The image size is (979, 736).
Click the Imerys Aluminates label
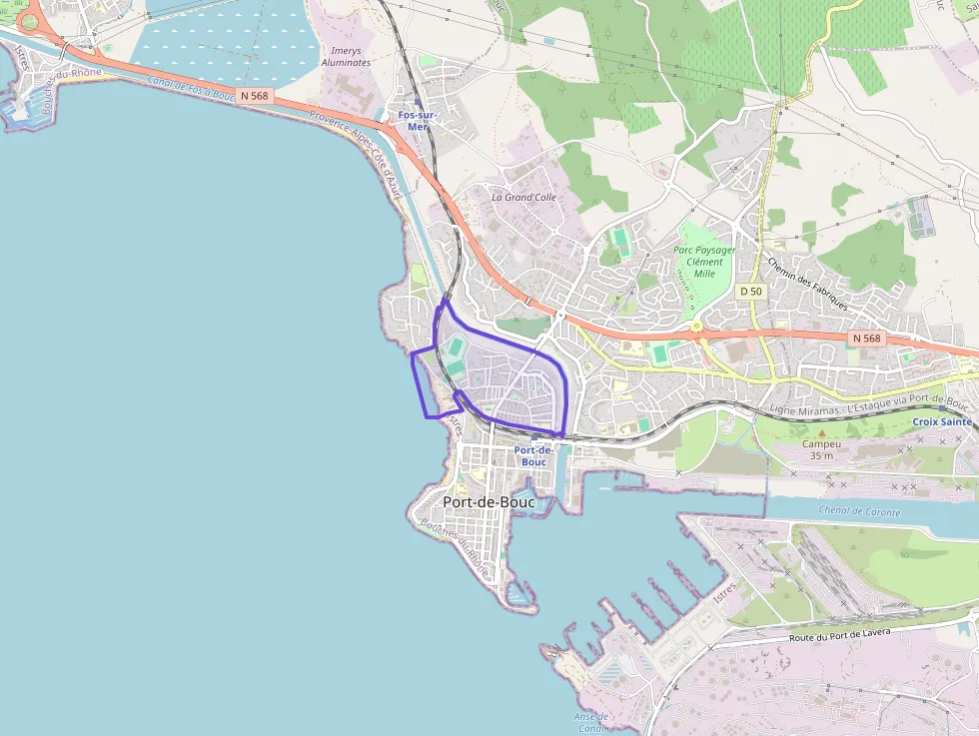click(346, 55)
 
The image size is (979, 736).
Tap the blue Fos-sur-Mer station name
click(418, 121)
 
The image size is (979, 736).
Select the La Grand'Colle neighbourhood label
click(523, 198)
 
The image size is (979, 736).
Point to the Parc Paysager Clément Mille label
click(704, 262)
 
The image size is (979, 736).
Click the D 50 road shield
click(750, 291)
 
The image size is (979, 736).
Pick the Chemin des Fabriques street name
click(807, 283)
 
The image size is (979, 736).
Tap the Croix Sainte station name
click(941, 422)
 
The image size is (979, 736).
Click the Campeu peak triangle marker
click(822, 433)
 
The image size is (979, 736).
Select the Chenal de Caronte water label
click(859, 512)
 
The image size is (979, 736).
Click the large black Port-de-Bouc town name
click(489, 502)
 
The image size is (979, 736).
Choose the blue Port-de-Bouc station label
click(533, 456)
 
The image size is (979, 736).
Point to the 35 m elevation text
click(822, 456)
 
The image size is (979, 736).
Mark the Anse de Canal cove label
click(591, 722)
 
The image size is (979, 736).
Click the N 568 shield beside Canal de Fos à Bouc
click(255, 96)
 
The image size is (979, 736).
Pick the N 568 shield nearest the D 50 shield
click(866, 339)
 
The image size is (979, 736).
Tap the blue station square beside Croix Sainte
click(943, 408)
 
